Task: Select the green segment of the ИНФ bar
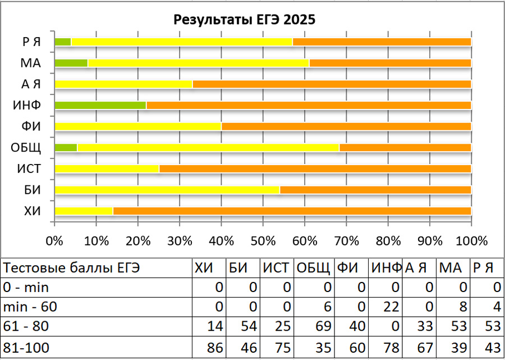pos(100,105)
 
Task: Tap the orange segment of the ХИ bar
pos(292,211)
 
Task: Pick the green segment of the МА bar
pos(71,63)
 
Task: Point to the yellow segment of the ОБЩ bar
pos(208,148)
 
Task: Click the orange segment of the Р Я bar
pos(382,42)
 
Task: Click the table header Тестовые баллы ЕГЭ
pos(72,268)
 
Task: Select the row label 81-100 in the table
pos(26,349)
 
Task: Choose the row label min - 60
pos(31,308)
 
